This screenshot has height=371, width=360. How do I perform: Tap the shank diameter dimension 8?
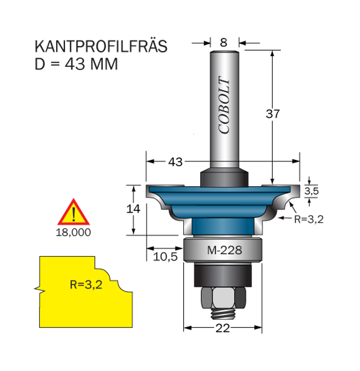(x=223, y=43)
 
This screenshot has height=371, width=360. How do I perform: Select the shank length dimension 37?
(x=273, y=114)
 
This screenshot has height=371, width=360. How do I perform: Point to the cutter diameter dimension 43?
(x=175, y=162)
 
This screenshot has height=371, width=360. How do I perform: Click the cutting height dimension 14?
(x=133, y=209)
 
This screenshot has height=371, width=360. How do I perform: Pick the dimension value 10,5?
(x=165, y=257)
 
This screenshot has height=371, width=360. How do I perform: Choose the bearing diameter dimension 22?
(x=223, y=328)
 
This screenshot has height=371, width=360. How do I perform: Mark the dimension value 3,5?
(x=311, y=191)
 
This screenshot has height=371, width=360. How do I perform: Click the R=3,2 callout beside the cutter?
(x=309, y=219)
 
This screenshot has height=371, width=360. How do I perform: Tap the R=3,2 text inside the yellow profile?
(x=86, y=284)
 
